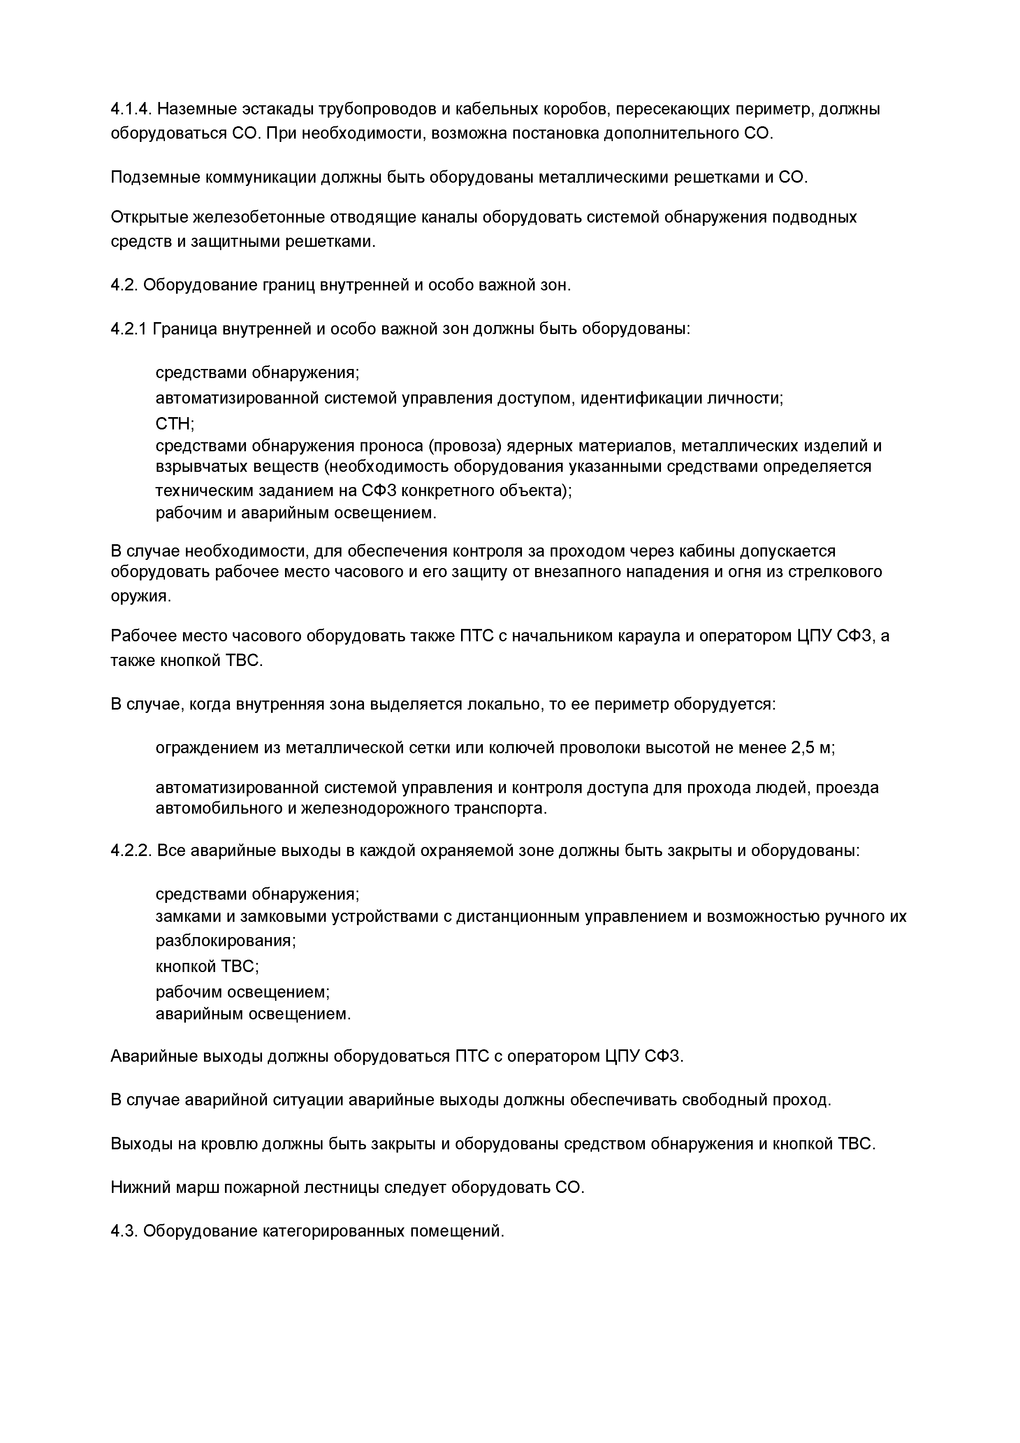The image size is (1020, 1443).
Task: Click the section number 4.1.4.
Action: [131, 109]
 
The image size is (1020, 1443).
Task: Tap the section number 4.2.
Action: [125, 285]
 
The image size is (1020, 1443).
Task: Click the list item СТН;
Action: [175, 424]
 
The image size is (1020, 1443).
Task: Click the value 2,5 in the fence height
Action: [802, 748]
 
